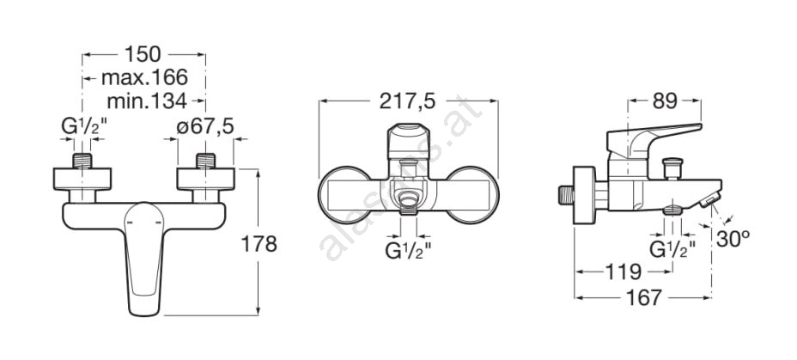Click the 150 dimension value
coord(143,54)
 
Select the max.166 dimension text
coord(144,78)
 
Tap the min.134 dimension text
coord(147,101)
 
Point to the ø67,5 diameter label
coord(205,127)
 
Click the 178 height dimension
coord(259,244)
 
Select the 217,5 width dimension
coord(408,101)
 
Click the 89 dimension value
coord(665,101)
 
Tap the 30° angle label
coord(733,239)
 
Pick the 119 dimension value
coord(624,272)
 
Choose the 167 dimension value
coord(643,298)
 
